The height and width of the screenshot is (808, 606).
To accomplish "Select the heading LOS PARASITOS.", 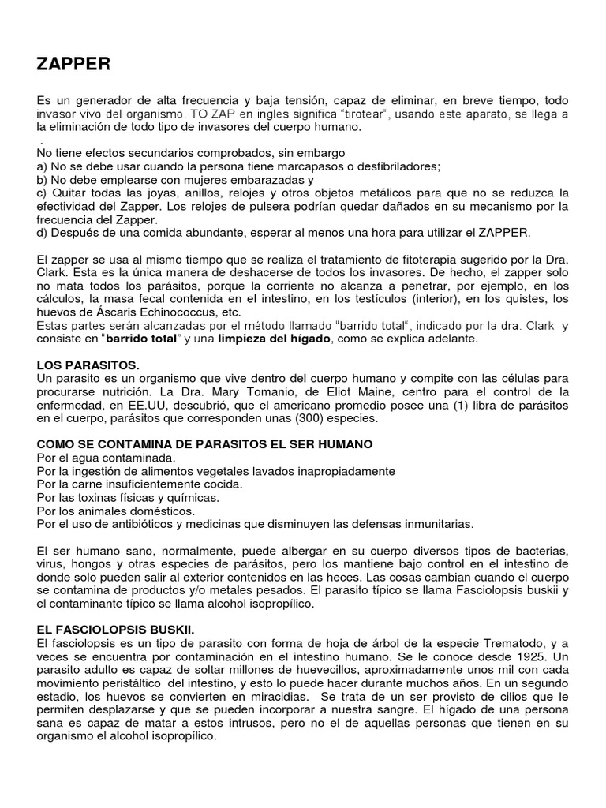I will click(88, 366).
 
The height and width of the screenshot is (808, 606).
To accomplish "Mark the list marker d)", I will click(43, 232).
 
